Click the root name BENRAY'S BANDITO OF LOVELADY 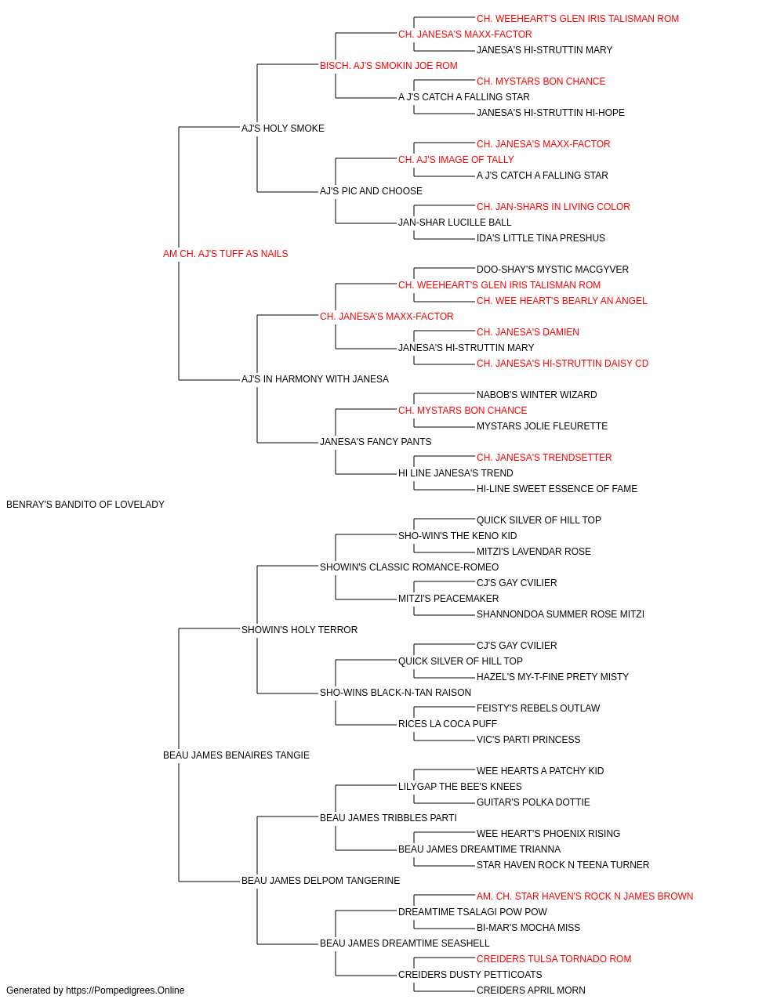pos(85,505)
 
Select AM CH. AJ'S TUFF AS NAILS pos(225,254)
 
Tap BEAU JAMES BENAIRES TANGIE pos(236,755)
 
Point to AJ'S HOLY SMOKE pos(282,129)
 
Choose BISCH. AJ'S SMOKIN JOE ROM pos(389,66)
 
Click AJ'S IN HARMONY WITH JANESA pos(315,379)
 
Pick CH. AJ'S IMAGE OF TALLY pos(456,160)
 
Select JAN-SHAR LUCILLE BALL pos(455,223)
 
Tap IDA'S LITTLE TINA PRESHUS pos(541,238)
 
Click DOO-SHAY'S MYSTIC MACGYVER pos(553,269)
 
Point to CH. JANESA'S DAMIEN pos(528,332)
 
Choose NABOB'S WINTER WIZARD pos(536,395)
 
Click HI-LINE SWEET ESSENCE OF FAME pos(557,489)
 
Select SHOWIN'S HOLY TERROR pos(299,629)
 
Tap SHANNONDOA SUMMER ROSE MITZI pos(560,614)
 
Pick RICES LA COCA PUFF pos(448,724)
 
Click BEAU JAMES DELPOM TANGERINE pos(321,880)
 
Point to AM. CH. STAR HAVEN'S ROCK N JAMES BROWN pos(585,896)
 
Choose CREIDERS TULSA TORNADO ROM pos(554,958)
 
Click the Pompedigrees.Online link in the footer pos(125,990)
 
